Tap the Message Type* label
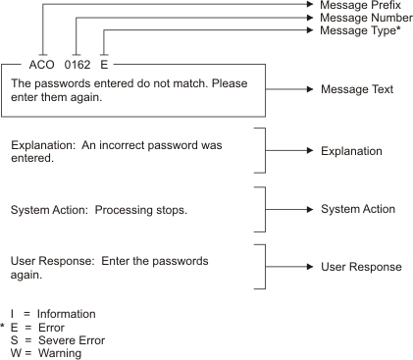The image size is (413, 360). (359, 31)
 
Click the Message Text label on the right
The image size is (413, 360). (356, 90)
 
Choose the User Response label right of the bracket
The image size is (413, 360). (360, 267)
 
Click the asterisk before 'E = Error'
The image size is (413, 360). (5, 326)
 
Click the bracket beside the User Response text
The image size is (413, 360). (261, 267)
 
